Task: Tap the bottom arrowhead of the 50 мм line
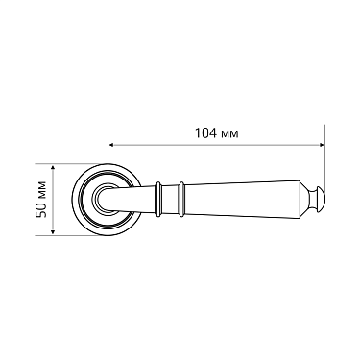click(x=55, y=231)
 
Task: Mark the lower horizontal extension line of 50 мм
click(x=77, y=234)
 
